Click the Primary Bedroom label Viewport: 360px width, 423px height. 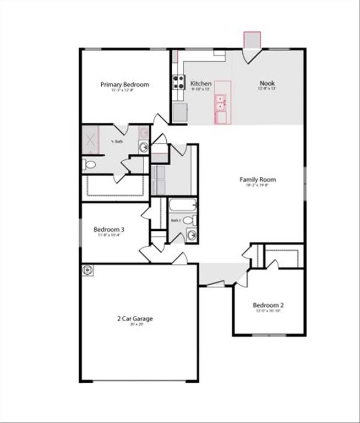pyautogui.click(x=124, y=84)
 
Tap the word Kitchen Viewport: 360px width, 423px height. pyautogui.click(x=201, y=84)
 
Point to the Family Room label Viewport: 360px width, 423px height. pyautogui.click(x=257, y=180)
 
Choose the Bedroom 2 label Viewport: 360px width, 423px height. pyautogui.click(x=268, y=305)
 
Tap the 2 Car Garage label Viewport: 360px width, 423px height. pyautogui.click(x=134, y=318)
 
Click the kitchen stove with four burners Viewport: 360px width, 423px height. pyautogui.click(x=178, y=82)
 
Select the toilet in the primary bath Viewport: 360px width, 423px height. pyautogui.click(x=90, y=164)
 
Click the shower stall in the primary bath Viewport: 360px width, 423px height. pyautogui.click(x=89, y=139)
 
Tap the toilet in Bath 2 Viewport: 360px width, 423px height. pyautogui.click(x=189, y=220)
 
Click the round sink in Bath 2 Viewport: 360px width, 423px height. pyautogui.click(x=191, y=235)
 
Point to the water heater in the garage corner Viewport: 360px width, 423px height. pyautogui.click(x=88, y=270)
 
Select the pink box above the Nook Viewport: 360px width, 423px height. pyautogui.click(x=253, y=40)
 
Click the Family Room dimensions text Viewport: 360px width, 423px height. pyautogui.click(x=257, y=186)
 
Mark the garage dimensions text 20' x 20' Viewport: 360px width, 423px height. pyautogui.click(x=134, y=324)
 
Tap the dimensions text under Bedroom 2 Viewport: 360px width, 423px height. pyautogui.click(x=268, y=311)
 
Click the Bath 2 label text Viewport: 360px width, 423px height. pyautogui.click(x=176, y=220)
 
